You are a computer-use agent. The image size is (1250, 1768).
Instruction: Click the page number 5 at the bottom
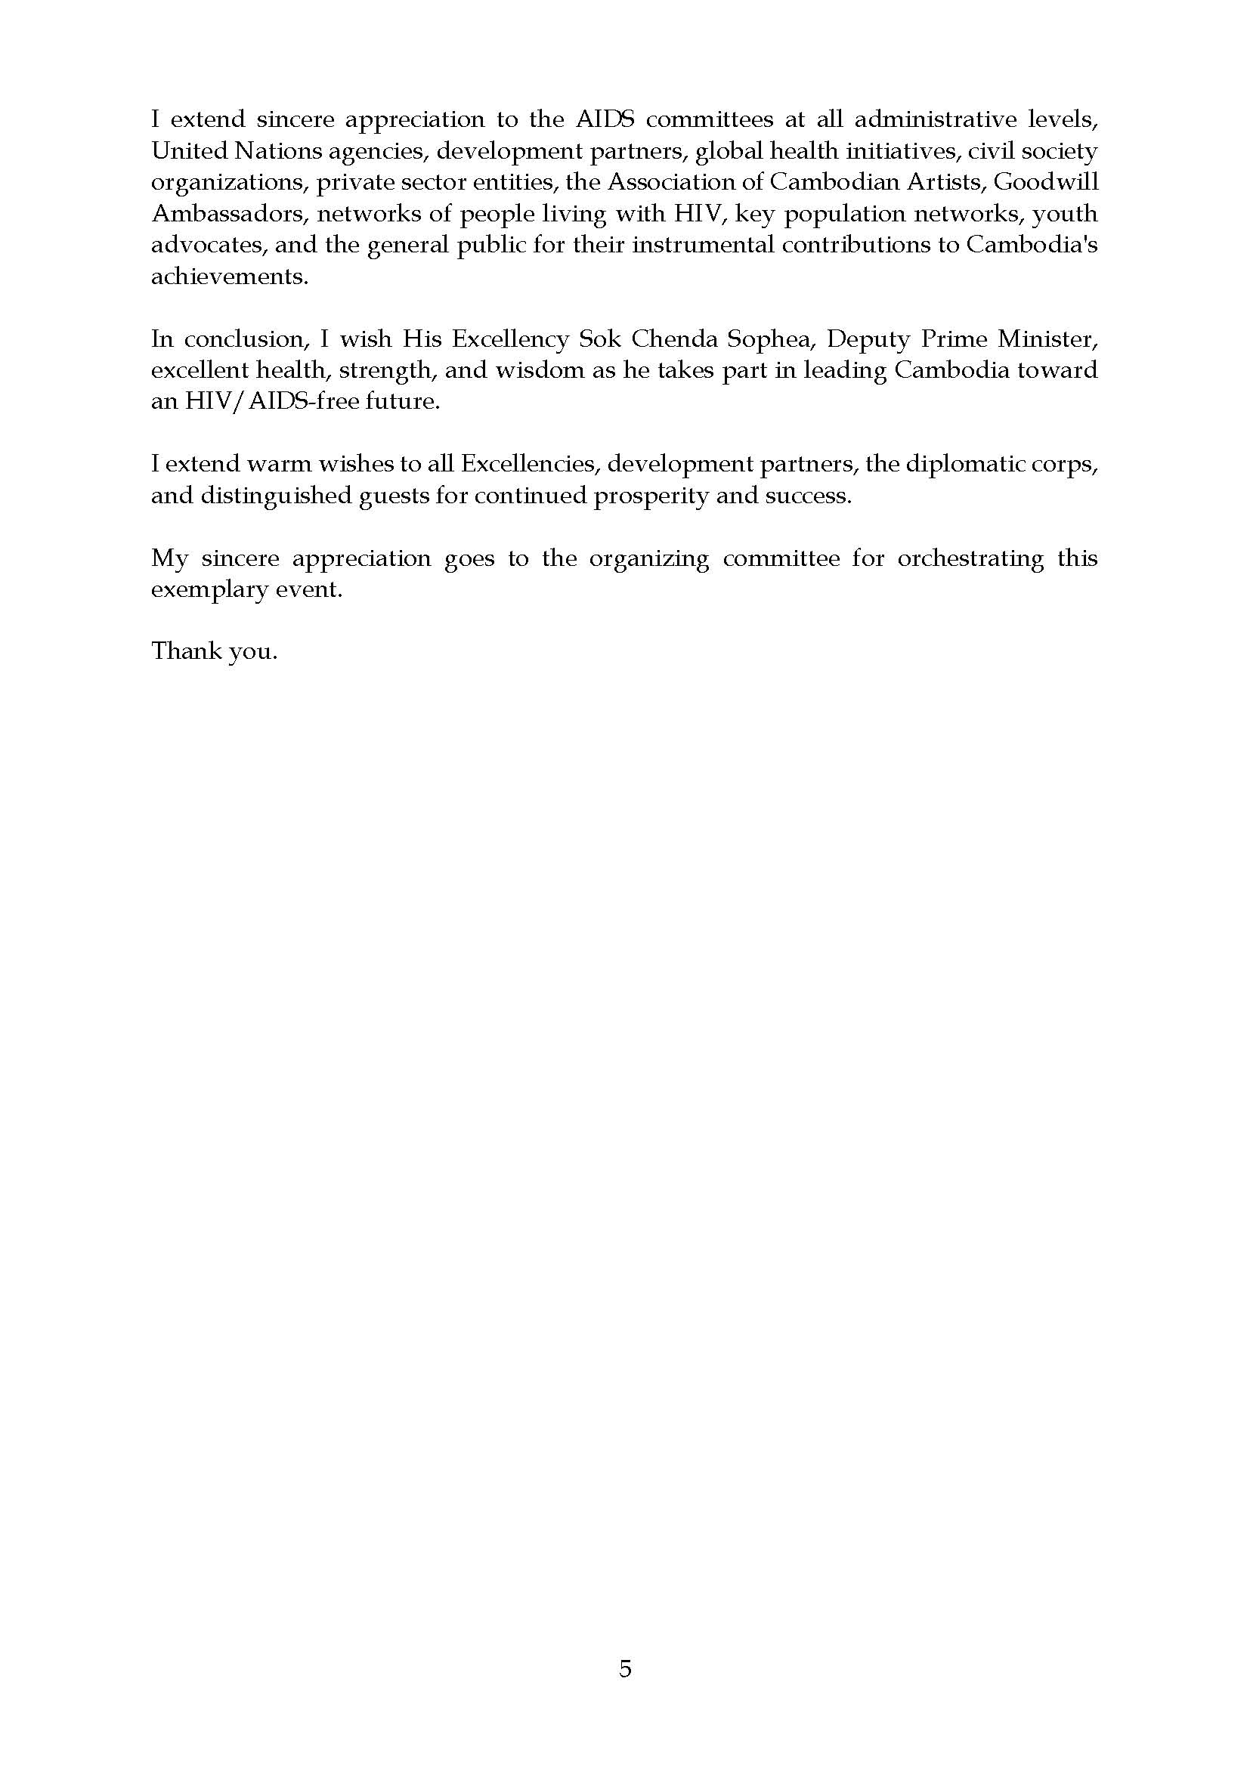point(624,1669)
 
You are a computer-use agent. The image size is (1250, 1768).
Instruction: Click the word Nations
point(278,151)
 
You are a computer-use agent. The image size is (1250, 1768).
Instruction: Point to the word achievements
point(229,277)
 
